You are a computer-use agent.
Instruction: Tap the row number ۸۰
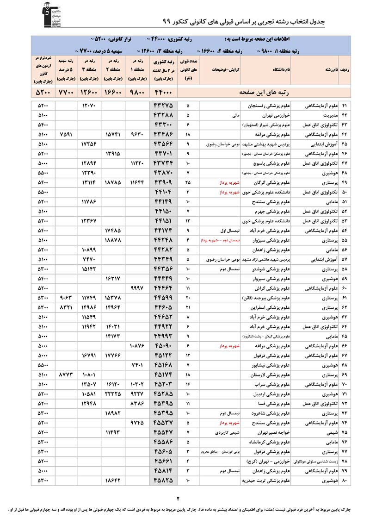345,481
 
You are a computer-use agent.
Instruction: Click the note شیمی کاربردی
226,432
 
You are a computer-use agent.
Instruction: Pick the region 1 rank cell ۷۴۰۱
137,364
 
